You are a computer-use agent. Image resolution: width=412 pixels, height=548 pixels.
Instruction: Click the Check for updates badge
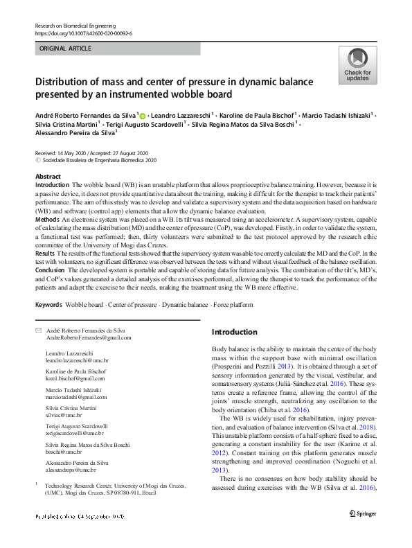357,66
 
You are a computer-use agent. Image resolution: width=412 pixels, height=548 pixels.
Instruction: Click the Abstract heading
48,177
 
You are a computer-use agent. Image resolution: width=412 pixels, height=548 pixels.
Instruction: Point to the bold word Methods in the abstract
47,219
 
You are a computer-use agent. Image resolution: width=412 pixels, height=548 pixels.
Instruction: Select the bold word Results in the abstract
46,254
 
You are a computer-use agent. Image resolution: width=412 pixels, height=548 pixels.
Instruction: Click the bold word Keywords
48,305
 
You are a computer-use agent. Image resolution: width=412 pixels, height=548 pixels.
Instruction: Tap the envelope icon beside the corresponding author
38,332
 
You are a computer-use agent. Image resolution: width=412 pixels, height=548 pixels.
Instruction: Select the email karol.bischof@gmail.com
75,379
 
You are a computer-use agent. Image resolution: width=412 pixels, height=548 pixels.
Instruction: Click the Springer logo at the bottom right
362,513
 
